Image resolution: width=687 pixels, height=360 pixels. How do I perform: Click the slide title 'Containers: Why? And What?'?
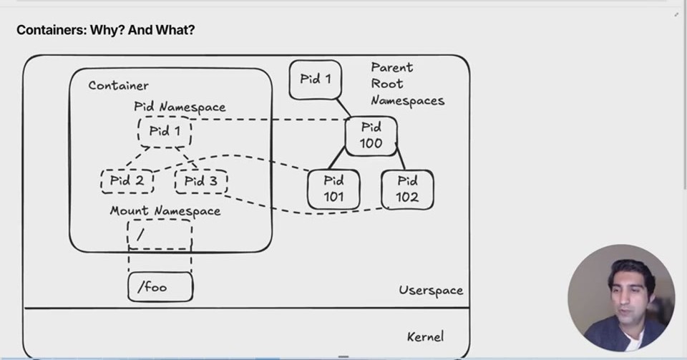pyautogui.click(x=106, y=30)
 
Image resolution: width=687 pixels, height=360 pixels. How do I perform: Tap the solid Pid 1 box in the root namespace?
pyautogui.click(x=315, y=79)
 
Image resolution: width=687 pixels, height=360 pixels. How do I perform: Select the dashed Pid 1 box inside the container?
pyautogui.click(x=165, y=132)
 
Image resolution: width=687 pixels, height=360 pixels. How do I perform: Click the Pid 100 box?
pyautogui.click(x=371, y=136)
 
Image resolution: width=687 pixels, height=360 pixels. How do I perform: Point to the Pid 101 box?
pyautogui.click(x=333, y=190)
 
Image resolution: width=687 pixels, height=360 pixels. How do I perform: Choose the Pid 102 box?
pyautogui.click(x=407, y=190)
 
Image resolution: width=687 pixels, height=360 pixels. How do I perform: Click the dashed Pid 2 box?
pyautogui.click(x=127, y=181)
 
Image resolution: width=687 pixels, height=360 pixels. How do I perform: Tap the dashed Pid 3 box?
pyautogui.click(x=201, y=181)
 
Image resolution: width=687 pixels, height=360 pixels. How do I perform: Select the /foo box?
pyautogui.click(x=160, y=287)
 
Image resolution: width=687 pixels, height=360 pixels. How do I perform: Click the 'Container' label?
pyautogui.click(x=118, y=85)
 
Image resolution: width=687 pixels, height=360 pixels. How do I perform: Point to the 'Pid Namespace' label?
pyautogui.click(x=180, y=107)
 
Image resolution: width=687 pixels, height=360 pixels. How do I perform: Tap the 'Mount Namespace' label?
pyautogui.click(x=165, y=211)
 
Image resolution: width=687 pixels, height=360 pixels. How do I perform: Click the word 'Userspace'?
pyautogui.click(x=431, y=291)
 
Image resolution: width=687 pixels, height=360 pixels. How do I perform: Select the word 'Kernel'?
pyautogui.click(x=425, y=336)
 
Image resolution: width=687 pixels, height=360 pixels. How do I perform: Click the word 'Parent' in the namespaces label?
pyautogui.click(x=391, y=67)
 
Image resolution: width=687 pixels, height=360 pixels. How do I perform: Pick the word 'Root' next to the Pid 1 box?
pyautogui.click(x=387, y=84)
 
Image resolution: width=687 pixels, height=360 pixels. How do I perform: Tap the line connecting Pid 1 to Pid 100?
pyautogui.click(x=343, y=108)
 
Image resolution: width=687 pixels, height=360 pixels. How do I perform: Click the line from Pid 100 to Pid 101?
pyautogui.click(x=336, y=157)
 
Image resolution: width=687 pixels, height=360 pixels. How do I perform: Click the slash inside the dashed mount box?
pyautogui.click(x=140, y=235)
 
